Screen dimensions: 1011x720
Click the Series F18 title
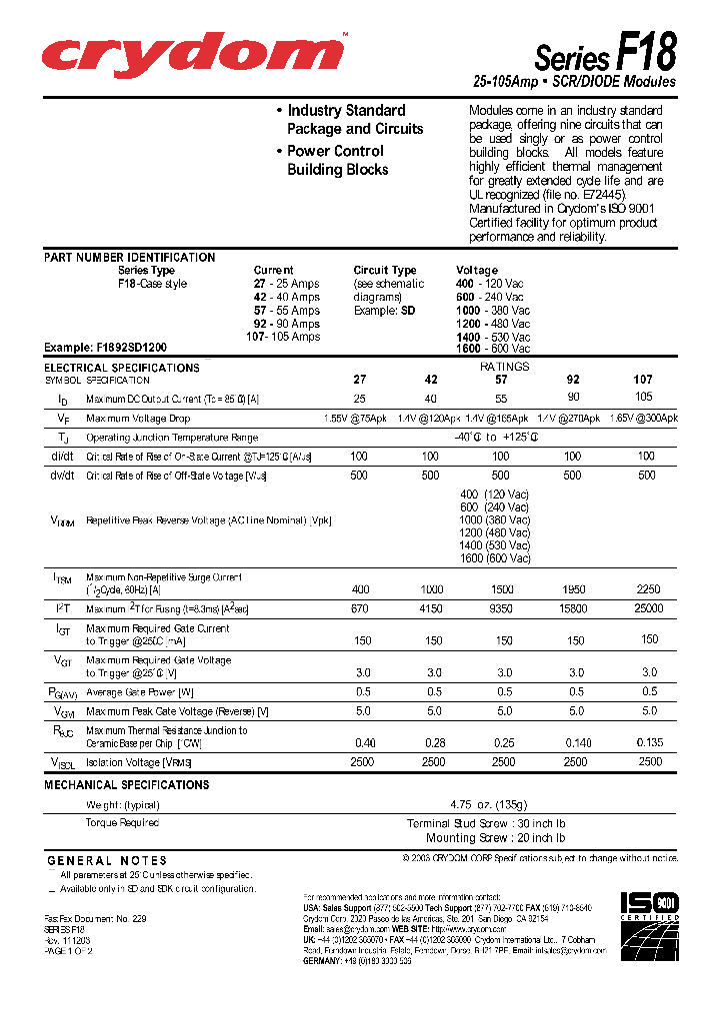pos(605,52)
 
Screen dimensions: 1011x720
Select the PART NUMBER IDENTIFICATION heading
pos(129,258)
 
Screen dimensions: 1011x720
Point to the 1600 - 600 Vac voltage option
pos(493,348)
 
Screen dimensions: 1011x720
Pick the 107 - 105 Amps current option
pos(283,337)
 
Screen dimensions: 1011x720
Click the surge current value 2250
pos(648,589)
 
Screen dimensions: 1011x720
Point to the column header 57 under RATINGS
pos(501,380)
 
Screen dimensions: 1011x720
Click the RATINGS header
pos(504,367)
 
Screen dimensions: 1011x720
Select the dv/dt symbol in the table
pos(62,476)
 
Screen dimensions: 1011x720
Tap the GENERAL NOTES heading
pos(107,860)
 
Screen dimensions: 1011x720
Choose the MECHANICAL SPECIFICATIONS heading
pos(126,785)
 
